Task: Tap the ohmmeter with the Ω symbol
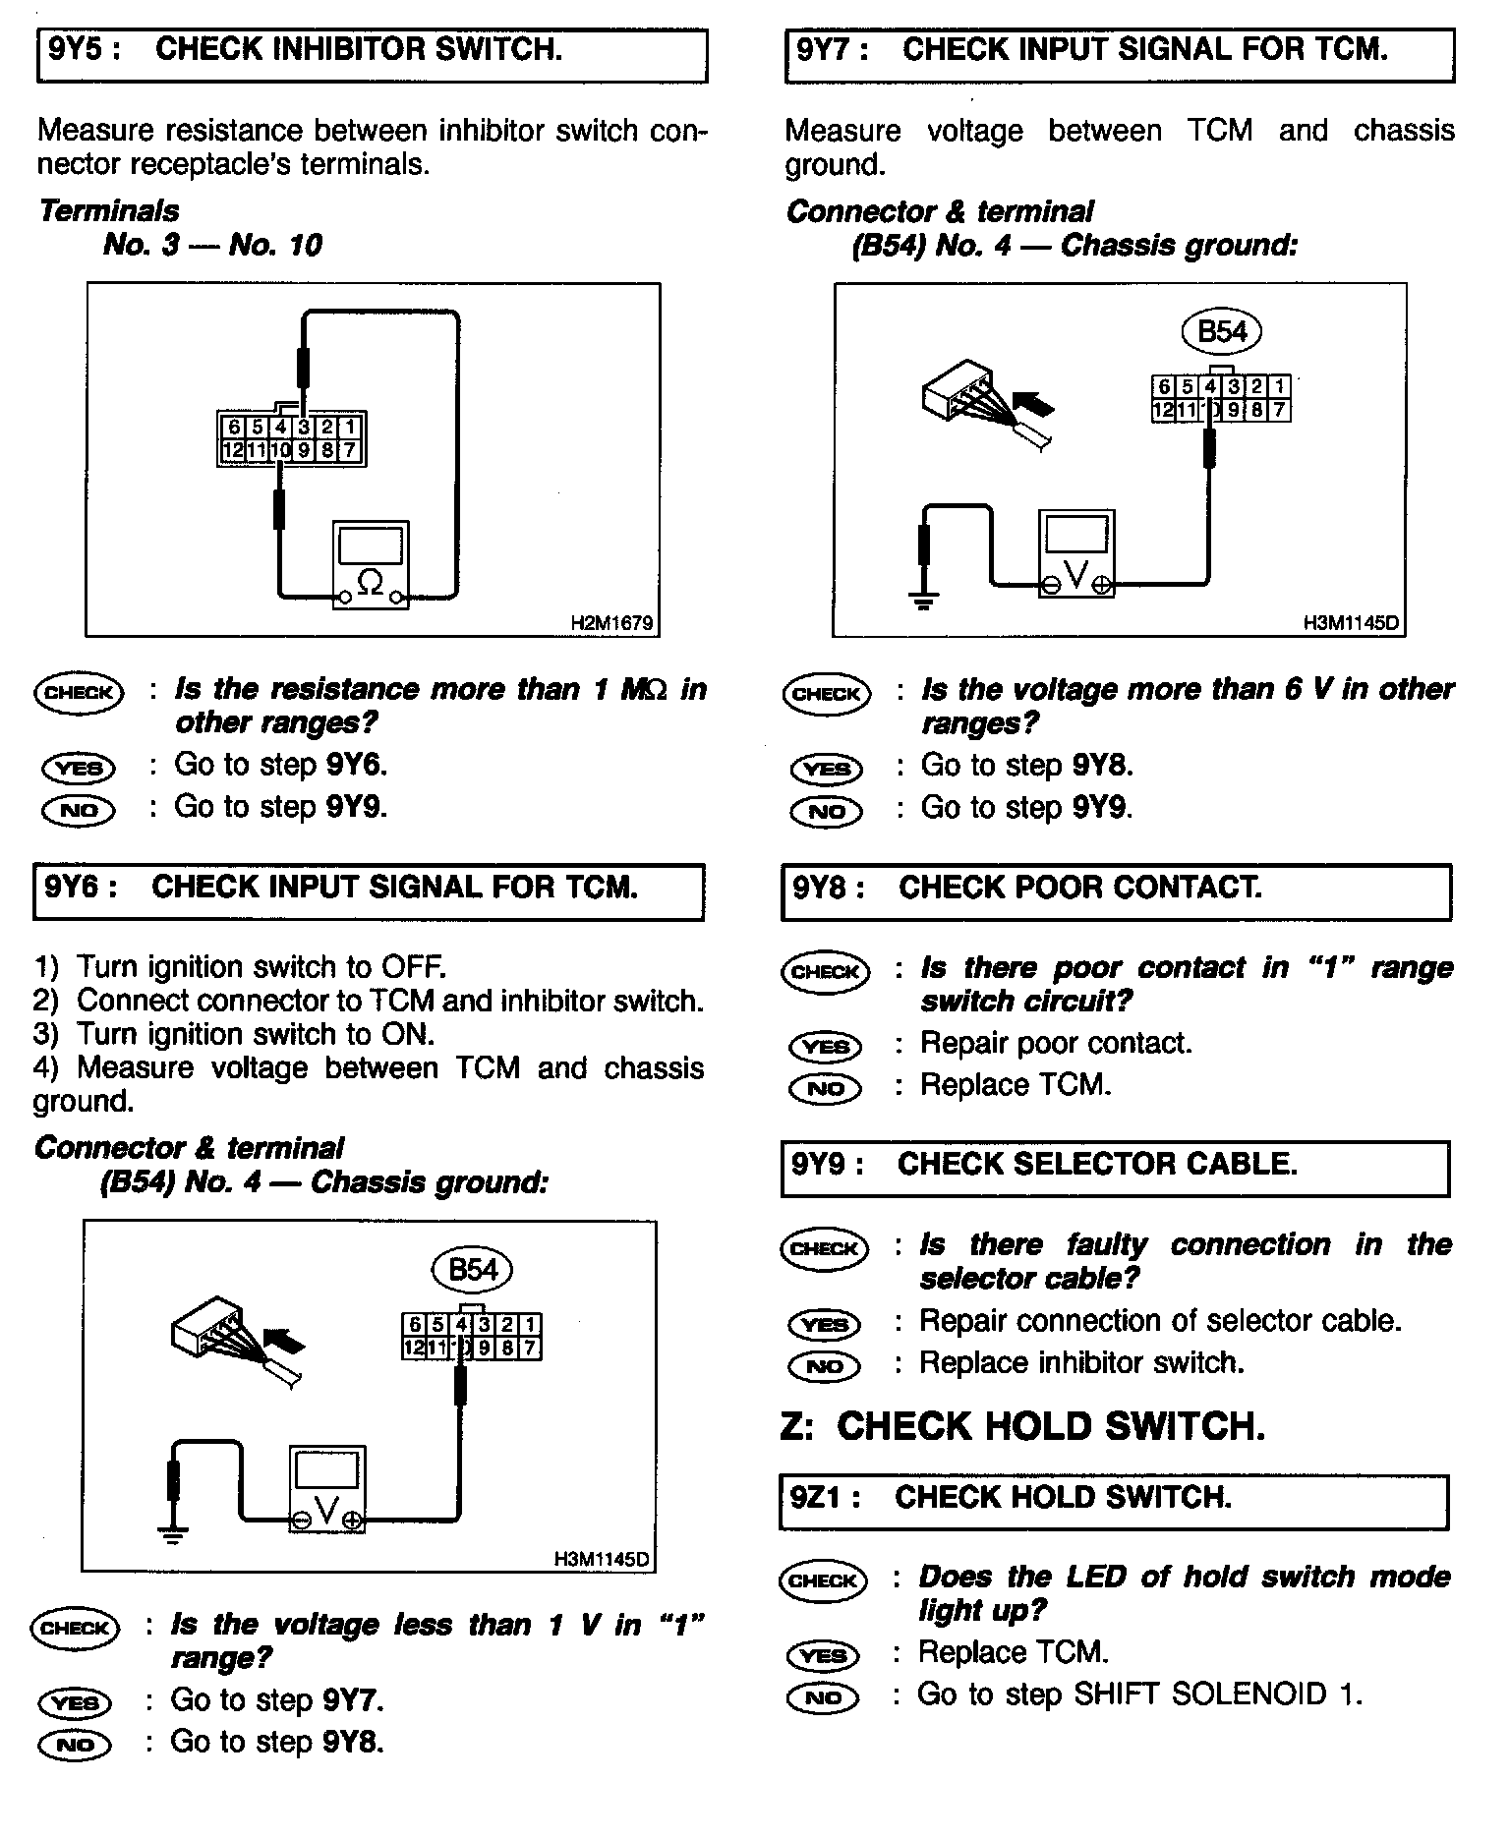[371, 564]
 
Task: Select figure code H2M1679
[610, 623]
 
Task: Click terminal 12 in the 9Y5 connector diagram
[232, 451]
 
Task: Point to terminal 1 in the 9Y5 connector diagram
[351, 428]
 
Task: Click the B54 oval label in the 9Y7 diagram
[1222, 331]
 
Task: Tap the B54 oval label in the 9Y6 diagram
[473, 1269]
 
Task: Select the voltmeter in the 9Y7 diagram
[1076, 552]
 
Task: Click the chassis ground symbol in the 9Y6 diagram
[173, 1534]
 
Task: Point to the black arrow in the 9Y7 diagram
[1033, 403]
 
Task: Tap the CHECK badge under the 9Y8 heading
[826, 972]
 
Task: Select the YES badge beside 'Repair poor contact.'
[826, 1046]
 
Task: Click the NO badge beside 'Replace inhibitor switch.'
[824, 1366]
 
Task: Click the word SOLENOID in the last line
[1246, 1695]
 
